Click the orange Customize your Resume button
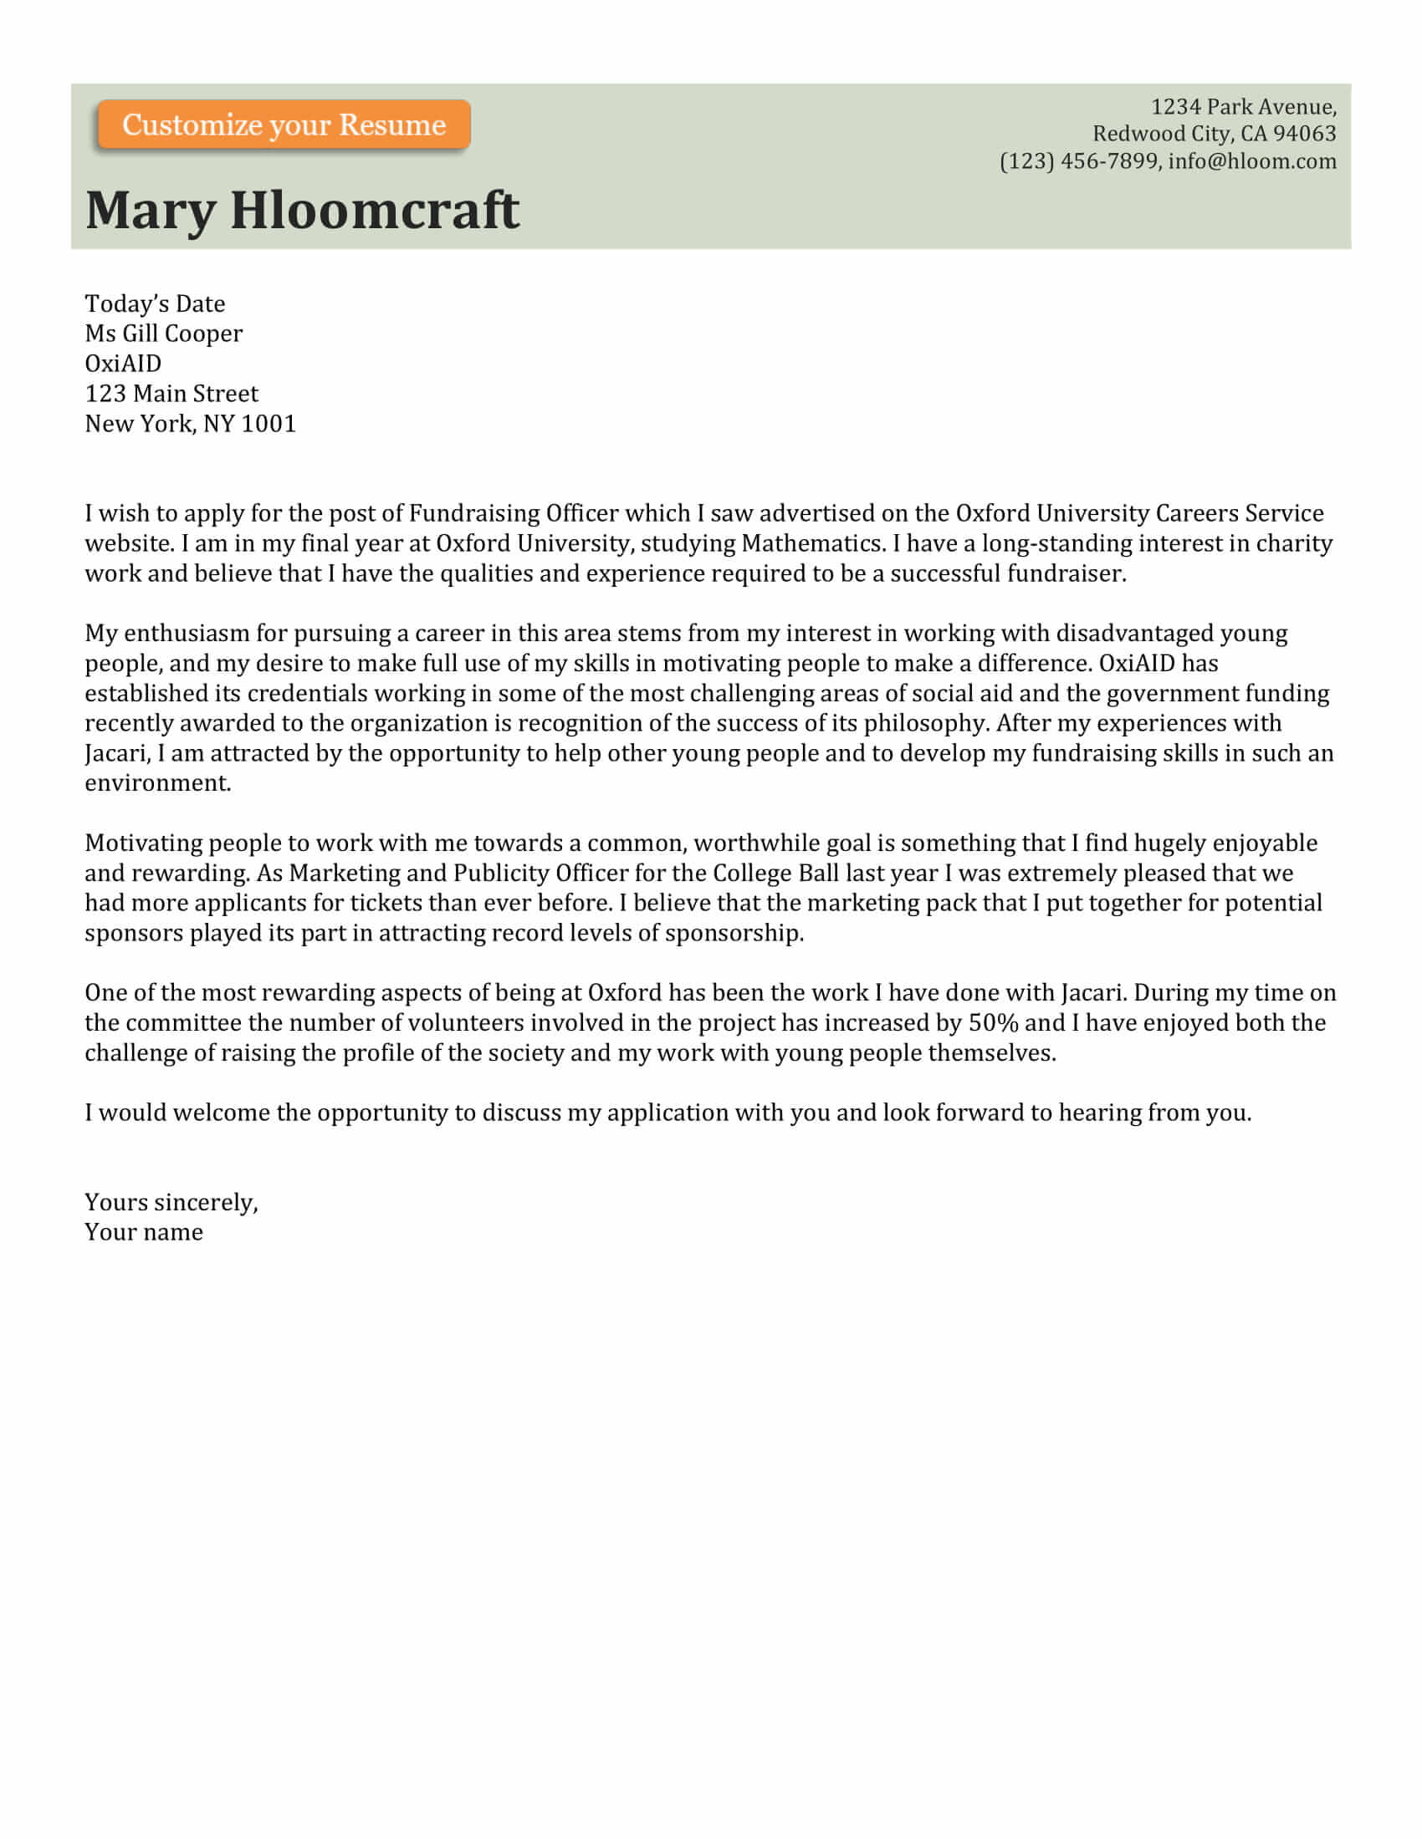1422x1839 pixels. [x=283, y=125]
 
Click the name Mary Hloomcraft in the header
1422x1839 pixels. [x=302, y=210]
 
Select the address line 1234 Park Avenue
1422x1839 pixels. [x=1242, y=107]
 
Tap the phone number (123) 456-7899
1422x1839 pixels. [x=1078, y=160]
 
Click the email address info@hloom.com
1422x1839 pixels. [x=1252, y=160]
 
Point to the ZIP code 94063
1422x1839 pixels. [x=1305, y=134]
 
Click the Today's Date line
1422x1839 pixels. [x=155, y=303]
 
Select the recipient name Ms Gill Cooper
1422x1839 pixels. [x=163, y=334]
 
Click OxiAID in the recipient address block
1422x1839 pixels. [x=123, y=364]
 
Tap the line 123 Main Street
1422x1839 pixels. [x=171, y=393]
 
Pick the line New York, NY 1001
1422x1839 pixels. [x=191, y=424]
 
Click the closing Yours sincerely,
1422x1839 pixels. [x=171, y=1202]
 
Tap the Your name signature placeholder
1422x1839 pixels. [x=144, y=1233]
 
